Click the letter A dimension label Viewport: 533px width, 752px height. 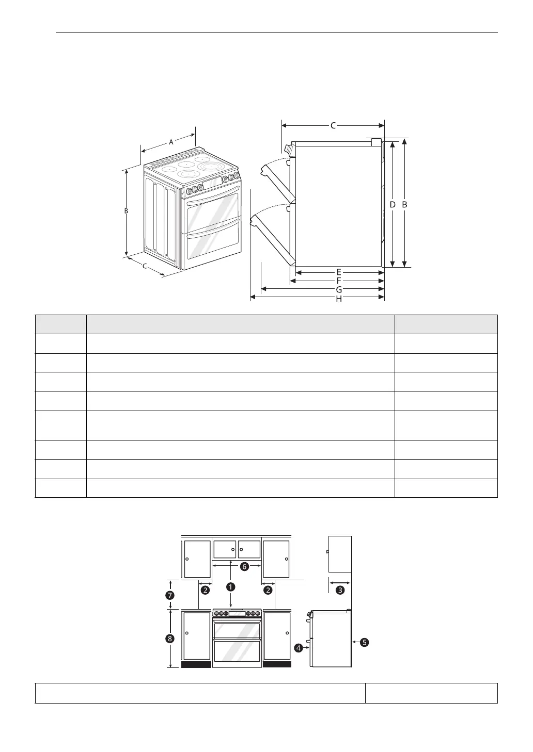tap(171, 142)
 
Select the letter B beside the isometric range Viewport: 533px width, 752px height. tap(126, 211)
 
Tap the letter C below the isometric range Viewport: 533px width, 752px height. tap(145, 266)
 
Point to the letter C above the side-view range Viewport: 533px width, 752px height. tap(333, 125)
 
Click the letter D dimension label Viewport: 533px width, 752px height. tap(392, 204)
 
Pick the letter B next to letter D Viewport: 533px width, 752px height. tap(404, 204)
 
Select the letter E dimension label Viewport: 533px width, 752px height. tap(339, 272)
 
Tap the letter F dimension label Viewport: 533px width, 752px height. tap(339, 281)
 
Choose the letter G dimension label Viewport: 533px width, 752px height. tap(339, 289)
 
